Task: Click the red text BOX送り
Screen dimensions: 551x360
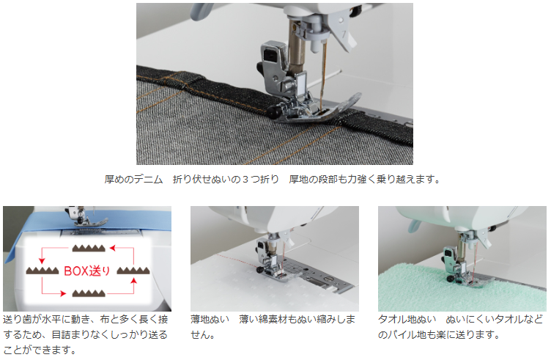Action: (x=86, y=271)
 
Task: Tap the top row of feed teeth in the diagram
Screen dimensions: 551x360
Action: (x=89, y=249)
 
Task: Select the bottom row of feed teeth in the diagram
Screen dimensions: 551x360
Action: (x=89, y=293)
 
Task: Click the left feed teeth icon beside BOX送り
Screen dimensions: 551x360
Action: (x=42, y=271)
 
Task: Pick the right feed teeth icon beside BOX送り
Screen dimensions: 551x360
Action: (x=133, y=271)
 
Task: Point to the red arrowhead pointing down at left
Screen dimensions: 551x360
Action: (x=42, y=260)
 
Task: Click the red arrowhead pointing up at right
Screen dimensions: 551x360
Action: (x=133, y=281)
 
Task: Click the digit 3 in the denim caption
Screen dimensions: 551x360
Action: (x=245, y=180)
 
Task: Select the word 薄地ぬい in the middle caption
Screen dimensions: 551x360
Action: (x=210, y=319)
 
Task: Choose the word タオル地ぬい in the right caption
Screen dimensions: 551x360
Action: (x=407, y=319)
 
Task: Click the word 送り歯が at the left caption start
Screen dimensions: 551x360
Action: (x=22, y=319)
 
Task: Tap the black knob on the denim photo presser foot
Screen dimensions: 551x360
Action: (x=273, y=111)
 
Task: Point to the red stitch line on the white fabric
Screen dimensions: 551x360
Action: (x=239, y=261)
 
